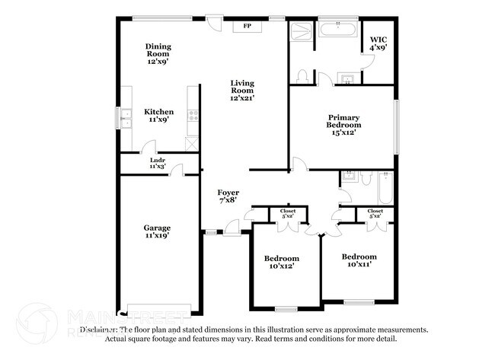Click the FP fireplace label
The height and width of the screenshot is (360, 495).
(x=247, y=26)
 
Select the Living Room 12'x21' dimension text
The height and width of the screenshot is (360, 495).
(x=243, y=97)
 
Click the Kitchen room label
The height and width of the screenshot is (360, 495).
(x=158, y=112)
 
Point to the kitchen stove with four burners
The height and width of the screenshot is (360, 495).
(x=193, y=117)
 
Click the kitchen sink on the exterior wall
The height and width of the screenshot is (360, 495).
(x=122, y=118)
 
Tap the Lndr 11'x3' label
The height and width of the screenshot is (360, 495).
(x=158, y=163)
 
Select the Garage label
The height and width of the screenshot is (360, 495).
(x=158, y=228)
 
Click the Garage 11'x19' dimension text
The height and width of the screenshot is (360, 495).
(x=158, y=236)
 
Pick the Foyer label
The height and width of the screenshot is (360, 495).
(x=228, y=192)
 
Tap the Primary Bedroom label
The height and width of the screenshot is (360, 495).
(x=342, y=121)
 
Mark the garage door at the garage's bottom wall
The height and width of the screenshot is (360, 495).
(x=160, y=311)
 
